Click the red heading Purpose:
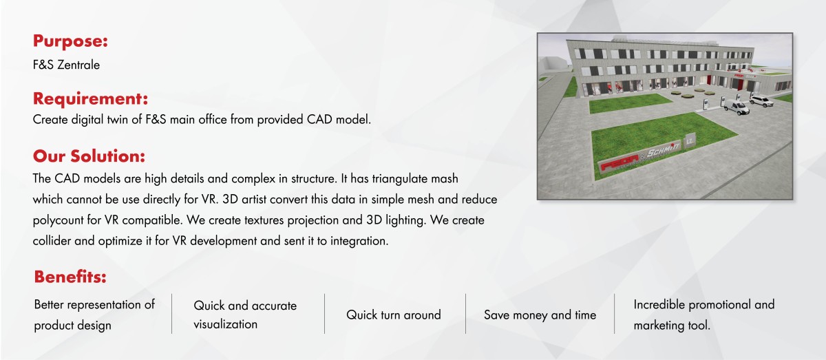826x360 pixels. [70, 41]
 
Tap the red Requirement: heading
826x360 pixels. [90, 99]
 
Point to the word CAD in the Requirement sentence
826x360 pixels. [319, 120]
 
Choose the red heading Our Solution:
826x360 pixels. [89, 156]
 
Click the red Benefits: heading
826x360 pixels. [70, 277]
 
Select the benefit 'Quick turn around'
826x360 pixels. [394, 315]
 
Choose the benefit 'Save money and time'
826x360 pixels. [540, 315]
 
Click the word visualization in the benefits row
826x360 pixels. [225, 324]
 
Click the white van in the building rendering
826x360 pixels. [736, 107]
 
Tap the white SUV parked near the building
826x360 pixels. [761, 100]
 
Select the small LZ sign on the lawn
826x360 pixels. [690, 141]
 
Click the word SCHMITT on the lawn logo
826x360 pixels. [664, 150]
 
